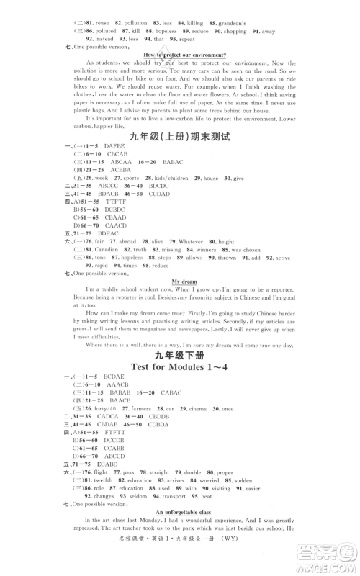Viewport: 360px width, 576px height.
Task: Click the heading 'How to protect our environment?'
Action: click(185, 55)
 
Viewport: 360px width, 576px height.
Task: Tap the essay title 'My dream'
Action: click(185, 282)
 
